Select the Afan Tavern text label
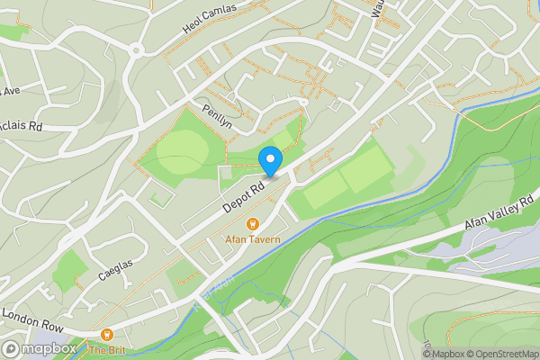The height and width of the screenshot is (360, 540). [253, 239]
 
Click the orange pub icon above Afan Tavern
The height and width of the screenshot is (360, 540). [253, 223]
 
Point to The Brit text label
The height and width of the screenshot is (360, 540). [105, 349]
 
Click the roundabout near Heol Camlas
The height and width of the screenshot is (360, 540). [137, 50]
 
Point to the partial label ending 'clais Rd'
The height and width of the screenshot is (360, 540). [22, 126]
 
